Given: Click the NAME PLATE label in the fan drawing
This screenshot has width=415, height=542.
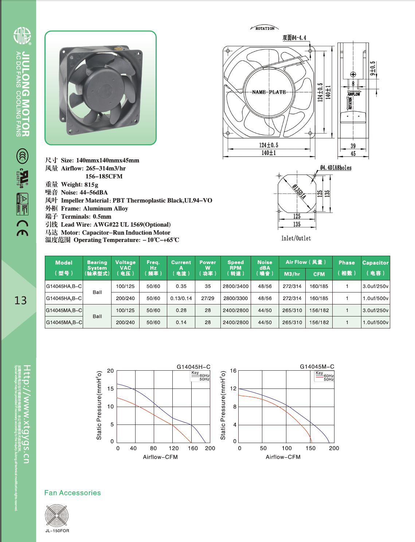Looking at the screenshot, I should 269,92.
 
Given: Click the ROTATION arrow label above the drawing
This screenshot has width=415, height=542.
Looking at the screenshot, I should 265,28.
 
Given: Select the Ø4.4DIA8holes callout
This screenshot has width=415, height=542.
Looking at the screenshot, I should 336,168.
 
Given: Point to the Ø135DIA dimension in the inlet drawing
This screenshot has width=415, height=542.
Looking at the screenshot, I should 299,192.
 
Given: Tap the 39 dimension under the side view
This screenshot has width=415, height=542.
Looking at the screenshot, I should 353,146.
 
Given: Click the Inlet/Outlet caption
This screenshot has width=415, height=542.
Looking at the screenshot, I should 296,238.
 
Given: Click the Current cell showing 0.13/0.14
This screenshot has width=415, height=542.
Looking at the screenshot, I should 181,298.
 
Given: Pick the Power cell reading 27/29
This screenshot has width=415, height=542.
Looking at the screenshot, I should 208,298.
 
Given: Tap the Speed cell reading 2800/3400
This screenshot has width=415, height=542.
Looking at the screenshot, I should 236,286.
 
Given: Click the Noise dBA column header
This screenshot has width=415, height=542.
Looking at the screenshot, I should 265,268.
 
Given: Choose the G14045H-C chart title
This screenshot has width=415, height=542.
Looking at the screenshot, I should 193,367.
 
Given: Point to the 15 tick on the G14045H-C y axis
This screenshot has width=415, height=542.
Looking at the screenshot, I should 110,388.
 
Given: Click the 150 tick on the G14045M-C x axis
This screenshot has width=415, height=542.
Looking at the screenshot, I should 310,448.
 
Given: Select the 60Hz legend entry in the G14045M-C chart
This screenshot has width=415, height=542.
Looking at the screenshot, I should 328,376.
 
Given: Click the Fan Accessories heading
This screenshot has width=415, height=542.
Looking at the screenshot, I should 73,493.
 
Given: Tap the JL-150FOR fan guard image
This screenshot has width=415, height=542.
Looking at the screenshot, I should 57,515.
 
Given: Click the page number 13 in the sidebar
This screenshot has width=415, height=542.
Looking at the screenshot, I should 20,300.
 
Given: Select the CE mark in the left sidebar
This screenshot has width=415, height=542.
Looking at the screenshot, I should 23,228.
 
